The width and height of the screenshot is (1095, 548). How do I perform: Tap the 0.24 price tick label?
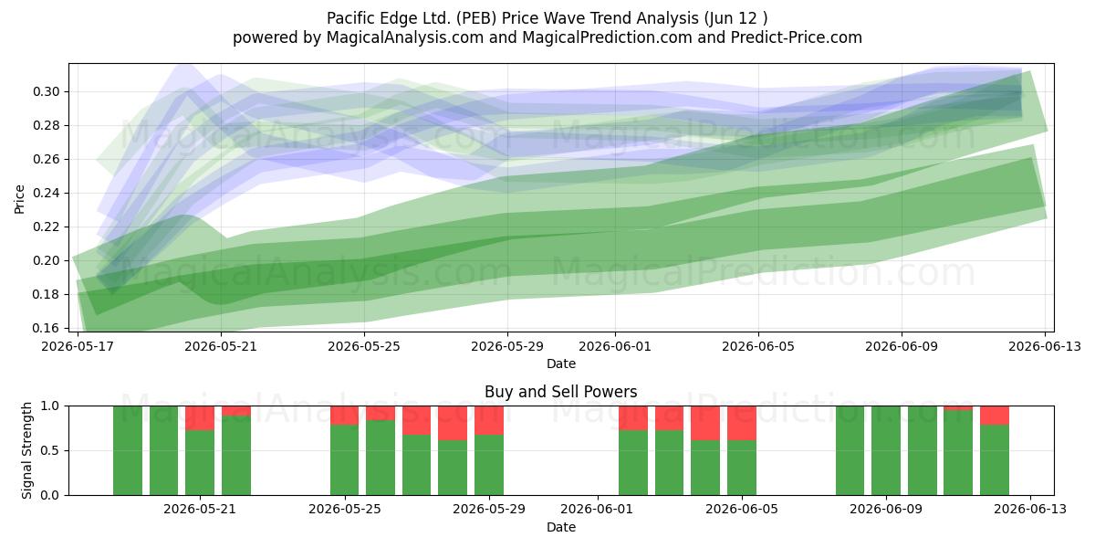[x=46, y=193]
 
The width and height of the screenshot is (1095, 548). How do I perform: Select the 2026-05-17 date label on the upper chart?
[x=78, y=346]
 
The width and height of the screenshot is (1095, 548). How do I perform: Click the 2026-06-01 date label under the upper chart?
[x=615, y=346]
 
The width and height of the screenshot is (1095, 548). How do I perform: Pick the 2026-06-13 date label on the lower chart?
[x=1030, y=509]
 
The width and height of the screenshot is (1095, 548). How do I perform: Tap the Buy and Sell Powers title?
[x=560, y=392]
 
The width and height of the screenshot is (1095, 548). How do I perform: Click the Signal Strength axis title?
[x=26, y=450]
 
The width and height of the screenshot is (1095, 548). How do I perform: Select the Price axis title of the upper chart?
[x=19, y=199]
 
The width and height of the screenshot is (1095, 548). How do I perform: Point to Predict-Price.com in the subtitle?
[x=797, y=37]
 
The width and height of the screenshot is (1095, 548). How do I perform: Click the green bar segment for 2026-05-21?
[x=200, y=462]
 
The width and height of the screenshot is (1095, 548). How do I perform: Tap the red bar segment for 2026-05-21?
[x=200, y=418]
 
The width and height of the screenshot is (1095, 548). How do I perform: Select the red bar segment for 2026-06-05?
[x=742, y=423]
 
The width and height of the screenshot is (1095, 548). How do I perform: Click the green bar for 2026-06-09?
[x=886, y=450]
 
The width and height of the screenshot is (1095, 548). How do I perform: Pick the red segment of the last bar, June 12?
[x=995, y=416]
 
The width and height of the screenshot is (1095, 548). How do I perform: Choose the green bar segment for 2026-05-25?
[x=345, y=460]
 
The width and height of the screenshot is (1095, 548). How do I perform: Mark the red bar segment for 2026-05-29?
[x=489, y=420]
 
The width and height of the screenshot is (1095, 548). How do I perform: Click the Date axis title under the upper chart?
[x=560, y=364]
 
